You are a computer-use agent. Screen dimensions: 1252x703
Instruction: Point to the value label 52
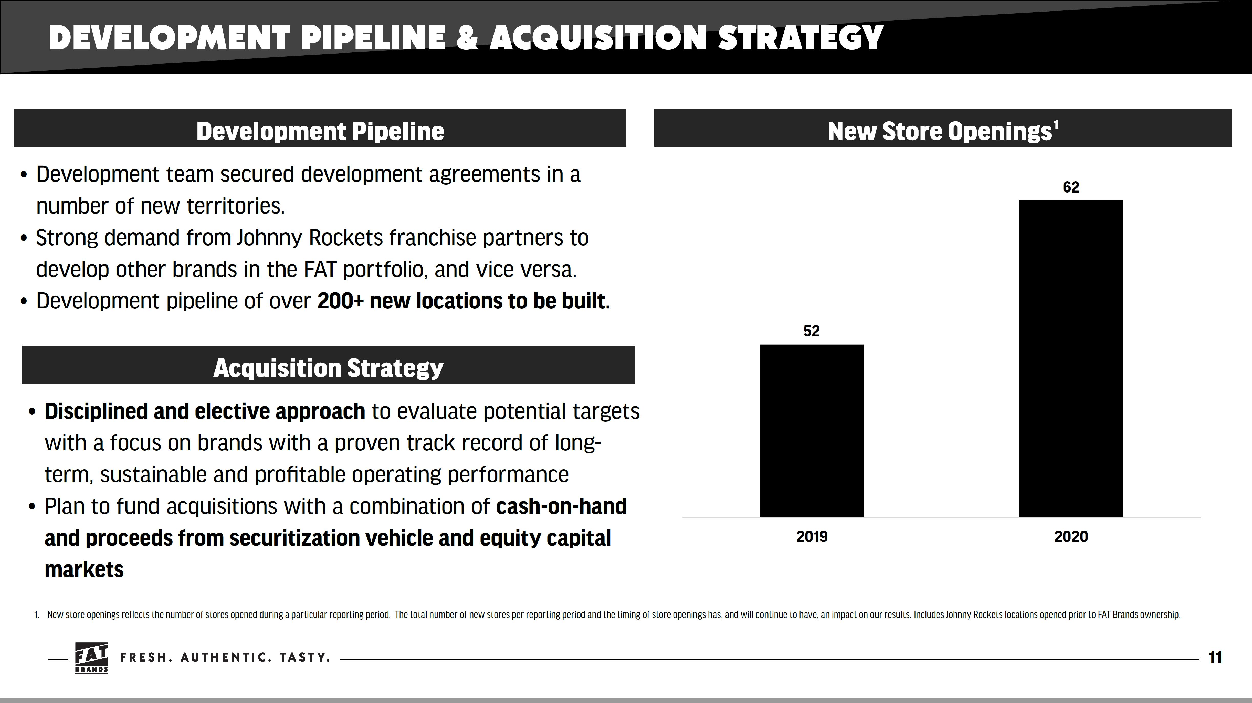(x=812, y=331)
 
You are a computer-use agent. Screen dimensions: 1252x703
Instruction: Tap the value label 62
(x=1071, y=187)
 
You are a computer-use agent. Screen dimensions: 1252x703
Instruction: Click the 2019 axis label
(x=812, y=537)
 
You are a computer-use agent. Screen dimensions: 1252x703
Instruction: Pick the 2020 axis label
(x=1071, y=537)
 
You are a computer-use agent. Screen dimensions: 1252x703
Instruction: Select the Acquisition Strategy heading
(x=328, y=368)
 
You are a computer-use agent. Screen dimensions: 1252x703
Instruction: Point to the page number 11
(x=1215, y=657)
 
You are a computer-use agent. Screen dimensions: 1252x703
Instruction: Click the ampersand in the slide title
(x=467, y=38)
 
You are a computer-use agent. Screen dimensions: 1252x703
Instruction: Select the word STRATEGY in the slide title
(x=800, y=38)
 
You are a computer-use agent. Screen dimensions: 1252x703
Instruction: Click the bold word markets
(x=84, y=569)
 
